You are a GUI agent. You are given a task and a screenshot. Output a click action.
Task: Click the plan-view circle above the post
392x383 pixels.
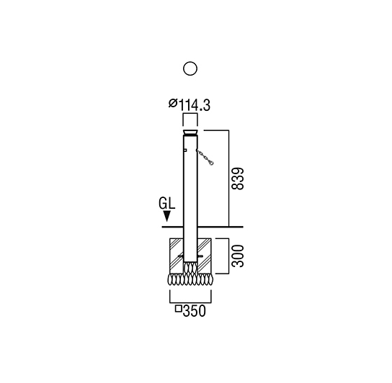tap(190, 68)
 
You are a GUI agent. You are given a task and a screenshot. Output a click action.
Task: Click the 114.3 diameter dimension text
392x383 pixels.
tap(195, 105)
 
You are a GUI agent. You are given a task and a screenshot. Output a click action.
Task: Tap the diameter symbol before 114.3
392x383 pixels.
tap(173, 103)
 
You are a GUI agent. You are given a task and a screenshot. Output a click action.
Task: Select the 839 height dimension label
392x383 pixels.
tap(237, 179)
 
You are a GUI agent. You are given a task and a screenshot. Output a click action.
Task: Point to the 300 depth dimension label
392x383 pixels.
tap(237, 256)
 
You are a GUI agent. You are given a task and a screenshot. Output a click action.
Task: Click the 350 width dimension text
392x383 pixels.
tap(195, 311)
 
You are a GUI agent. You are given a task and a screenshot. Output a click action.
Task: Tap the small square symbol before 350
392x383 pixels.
tap(178, 309)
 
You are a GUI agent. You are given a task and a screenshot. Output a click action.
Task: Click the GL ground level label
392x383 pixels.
tap(166, 203)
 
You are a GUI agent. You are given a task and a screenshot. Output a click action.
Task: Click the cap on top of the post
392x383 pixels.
tap(190, 132)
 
